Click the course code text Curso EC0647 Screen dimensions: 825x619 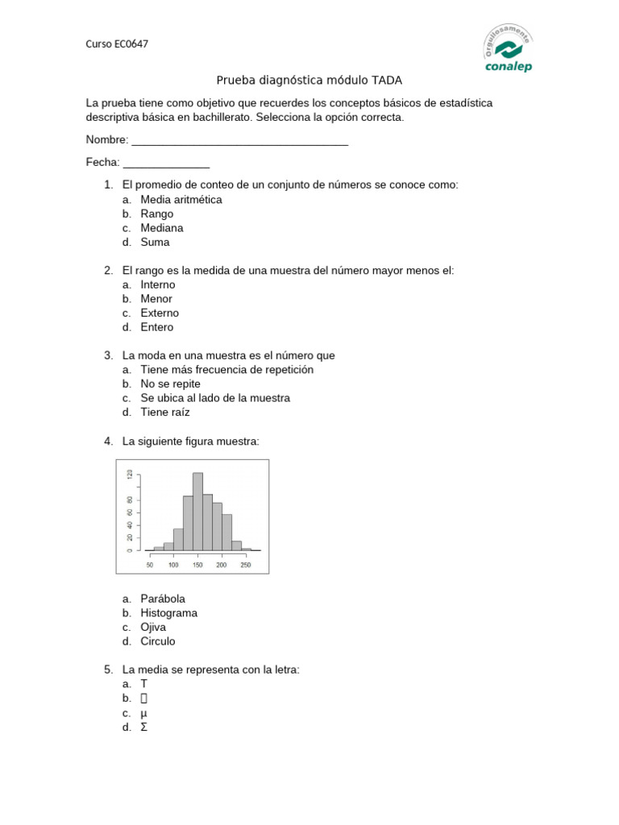[x=117, y=44]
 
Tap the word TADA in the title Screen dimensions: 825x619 [x=386, y=81]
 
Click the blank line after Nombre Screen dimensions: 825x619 [x=239, y=140]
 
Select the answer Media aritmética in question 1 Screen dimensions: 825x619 [x=181, y=200]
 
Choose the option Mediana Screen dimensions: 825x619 [x=161, y=228]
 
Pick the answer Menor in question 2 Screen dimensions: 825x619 [x=156, y=299]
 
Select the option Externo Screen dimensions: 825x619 [x=160, y=313]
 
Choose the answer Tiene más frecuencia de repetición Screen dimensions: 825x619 [x=226, y=370]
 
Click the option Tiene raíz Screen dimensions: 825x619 [x=165, y=412]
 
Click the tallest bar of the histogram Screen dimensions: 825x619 [x=197, y=511]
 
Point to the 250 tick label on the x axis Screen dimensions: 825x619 [x=246, y=565]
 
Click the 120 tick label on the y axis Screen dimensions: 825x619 [x=129, y=475]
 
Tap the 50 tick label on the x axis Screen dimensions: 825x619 [x=150, y=565]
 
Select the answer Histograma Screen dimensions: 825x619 [x=168, y=613]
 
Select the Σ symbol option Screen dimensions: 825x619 [x=144, y=728]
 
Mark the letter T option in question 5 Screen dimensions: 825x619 [x=144, y=684]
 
